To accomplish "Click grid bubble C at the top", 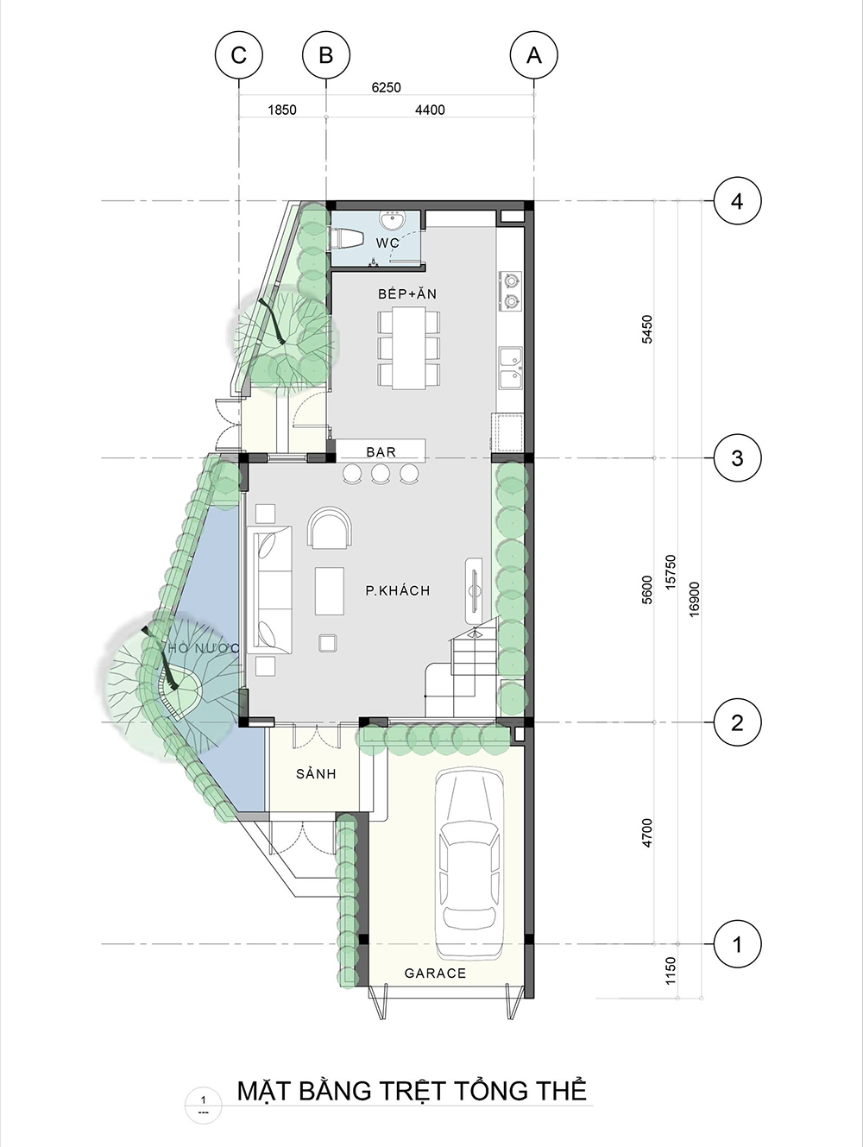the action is click(239, 55).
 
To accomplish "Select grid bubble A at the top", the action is click(534, 55).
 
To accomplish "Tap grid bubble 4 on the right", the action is click(737, 201).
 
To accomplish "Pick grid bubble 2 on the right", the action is click(737, 722).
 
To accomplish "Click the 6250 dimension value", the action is click(386, 87).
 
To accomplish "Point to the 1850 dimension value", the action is click(282, 110).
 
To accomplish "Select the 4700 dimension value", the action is click(647, 833).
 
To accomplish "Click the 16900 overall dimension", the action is click(694, 599).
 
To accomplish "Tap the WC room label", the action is click(387, 243).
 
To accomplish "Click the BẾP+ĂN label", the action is click(407, 293).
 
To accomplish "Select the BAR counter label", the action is click(381, 452).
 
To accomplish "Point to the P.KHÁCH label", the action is click(398, 590).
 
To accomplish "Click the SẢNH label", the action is click(316, 773).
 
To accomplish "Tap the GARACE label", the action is click(435, 973).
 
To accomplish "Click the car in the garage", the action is click(469, 864).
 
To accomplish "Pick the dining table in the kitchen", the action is click(409, 348).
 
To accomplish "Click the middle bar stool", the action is click(381, 474).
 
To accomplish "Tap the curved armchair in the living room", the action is click(331, 528).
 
